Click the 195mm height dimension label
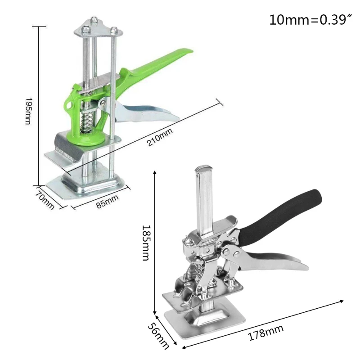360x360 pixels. click(27, 111)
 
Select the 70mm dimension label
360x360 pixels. click(45, 200)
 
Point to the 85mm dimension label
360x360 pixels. click(107, 201)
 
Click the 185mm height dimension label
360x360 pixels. click(145, 243)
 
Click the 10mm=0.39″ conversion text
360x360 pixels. click(310, 20)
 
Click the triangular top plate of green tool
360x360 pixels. click(97, 28)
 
